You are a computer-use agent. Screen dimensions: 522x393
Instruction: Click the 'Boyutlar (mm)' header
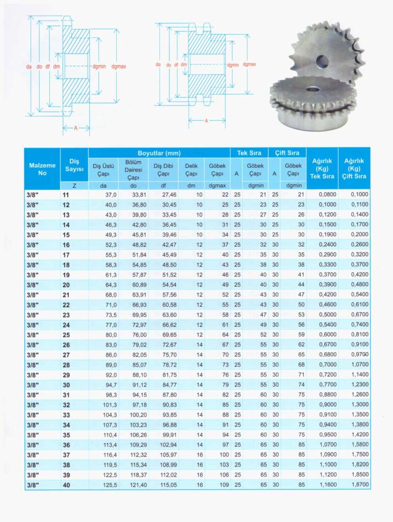pos(159,153)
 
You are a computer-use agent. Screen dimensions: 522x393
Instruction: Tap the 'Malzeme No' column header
pos(42,169)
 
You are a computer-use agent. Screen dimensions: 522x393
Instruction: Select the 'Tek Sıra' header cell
pos(249,153)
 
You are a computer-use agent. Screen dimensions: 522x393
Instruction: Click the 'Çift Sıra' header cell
pos(286,153)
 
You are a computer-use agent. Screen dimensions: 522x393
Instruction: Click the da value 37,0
pos(111,195)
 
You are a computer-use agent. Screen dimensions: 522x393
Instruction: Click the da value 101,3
pos(110,405)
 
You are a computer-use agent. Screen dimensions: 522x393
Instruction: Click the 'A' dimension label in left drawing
pos(75,128)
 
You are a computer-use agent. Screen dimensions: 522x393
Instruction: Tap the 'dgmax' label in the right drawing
pos(249,65)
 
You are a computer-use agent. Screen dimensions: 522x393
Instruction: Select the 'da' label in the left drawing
pos(30,67)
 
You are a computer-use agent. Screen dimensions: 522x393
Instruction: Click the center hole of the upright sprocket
pos(322,62)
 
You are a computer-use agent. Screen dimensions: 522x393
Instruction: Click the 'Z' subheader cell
pos(74,186)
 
